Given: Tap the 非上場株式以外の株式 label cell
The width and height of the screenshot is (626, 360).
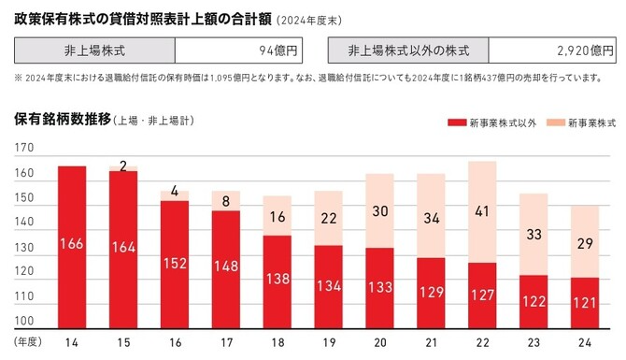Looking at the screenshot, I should tap(408, 50).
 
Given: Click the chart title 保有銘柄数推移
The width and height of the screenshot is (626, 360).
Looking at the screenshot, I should tap(62, 121).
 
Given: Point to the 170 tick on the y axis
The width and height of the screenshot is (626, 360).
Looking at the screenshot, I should tap(24, 148).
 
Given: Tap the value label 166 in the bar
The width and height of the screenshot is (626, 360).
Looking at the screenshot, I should tap(71, 244).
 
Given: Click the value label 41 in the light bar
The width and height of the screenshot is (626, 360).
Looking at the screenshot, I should tap(482, 211).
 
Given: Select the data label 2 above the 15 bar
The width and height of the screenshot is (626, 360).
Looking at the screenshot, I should tap(122, 166).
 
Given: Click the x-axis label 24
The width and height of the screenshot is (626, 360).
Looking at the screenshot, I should tap(585, 343).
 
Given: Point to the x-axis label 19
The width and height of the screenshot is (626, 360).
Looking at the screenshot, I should tap(328, 343).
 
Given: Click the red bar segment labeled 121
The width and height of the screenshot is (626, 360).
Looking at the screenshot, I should tap(585, 302).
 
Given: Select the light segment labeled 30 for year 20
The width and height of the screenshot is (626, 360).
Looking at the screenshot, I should tap(379, 211).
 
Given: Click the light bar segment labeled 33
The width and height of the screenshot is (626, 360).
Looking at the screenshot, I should tap(534, 235).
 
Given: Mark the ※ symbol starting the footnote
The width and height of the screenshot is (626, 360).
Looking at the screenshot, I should tap(19, 78).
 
